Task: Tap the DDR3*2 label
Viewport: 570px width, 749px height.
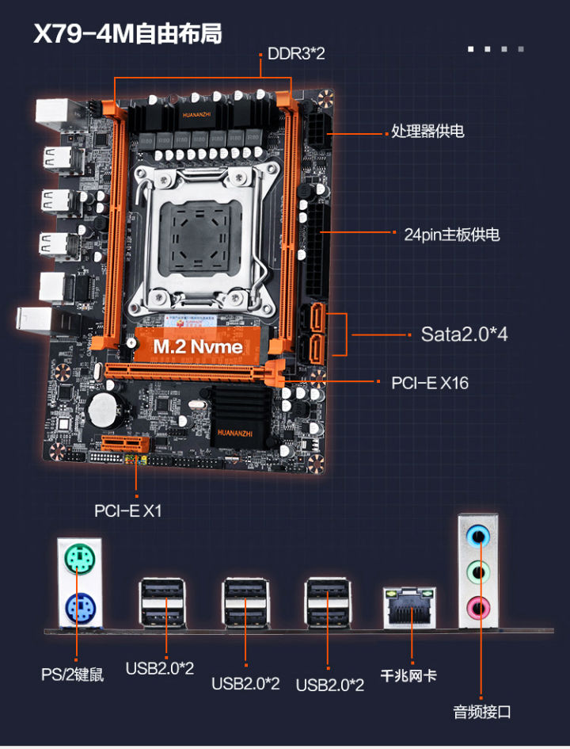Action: [296, 54]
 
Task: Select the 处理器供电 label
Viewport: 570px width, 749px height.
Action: [427, 132]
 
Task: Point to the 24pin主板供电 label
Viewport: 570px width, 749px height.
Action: [451, 235]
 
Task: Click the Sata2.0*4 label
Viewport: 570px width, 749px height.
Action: [464, 334]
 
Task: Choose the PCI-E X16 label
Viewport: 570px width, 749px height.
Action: [430, 383]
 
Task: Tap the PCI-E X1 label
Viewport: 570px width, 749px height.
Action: [127, 510]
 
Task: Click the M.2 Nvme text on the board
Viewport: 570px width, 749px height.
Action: [197, 346]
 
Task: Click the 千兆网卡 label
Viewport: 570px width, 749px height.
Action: [408, 676]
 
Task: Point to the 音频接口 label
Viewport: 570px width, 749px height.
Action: [482, 711]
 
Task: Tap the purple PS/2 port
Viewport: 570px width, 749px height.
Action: [78, 610]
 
